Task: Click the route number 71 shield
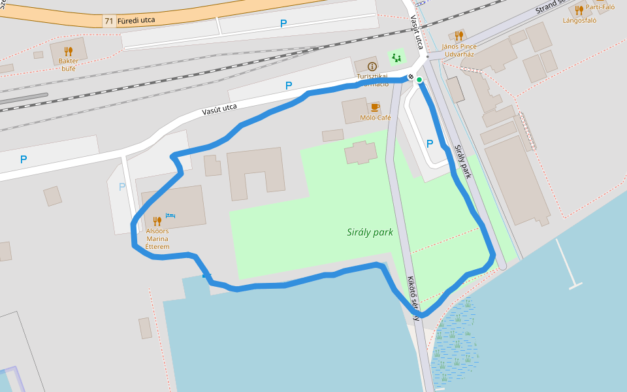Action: (x=108, y=21)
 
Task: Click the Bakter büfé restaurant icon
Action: (x=69, y=51)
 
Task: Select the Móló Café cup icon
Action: (x=375, y=107)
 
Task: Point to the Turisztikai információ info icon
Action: (x=372, y=67)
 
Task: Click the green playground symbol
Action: (x=396, y=57)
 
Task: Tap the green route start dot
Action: (x=419, y=80)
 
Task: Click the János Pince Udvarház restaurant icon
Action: (x=459, y=36)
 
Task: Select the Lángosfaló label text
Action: (x=580, y=20)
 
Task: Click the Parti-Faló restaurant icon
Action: (x=579, y=9)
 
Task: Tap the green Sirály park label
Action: (x=370, y=232)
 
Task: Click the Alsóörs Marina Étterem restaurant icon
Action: (x=157, y=221)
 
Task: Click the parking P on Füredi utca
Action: (x=283, y=24)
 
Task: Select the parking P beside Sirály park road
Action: (x=430, y=144)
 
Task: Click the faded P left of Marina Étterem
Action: (x=122, y=187)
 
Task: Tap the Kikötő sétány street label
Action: (x=413, y=298)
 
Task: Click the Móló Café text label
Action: (x=376, y=118)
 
